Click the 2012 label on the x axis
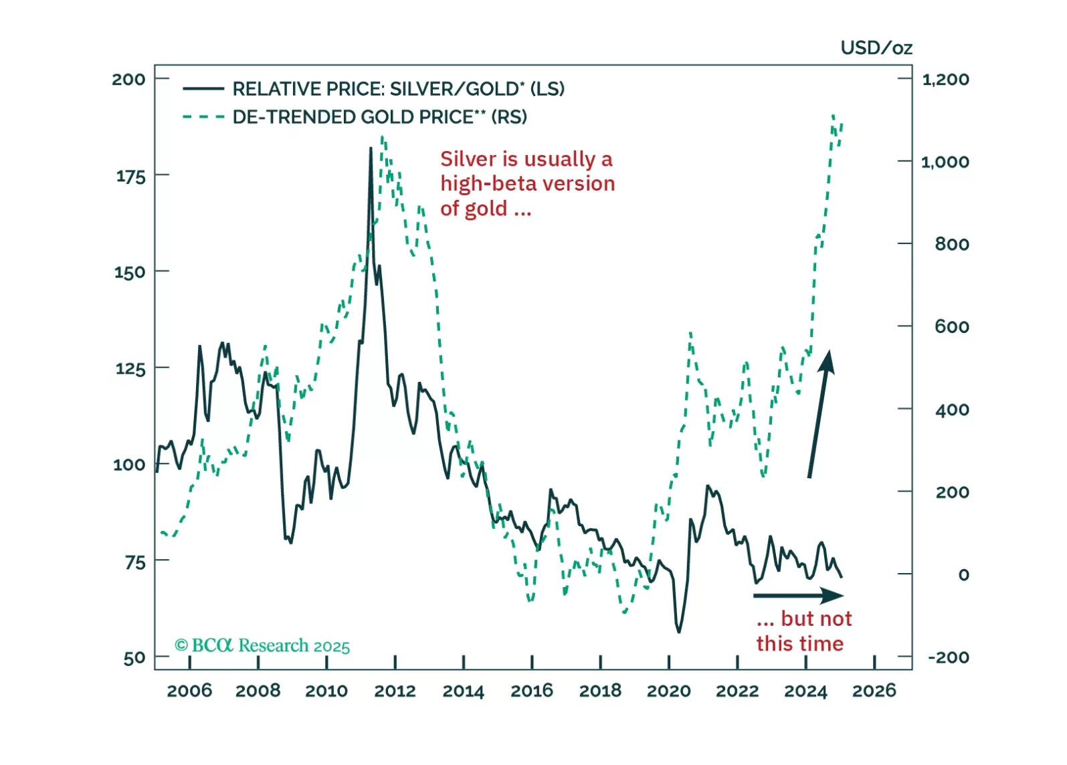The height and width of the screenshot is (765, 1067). pyautogui.click(x=395, y=690)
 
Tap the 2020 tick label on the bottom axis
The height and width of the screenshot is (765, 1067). pyautogui.click(x=668, y=690)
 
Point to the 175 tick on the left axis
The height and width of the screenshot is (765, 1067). pyautogui.click(x=130, y=177)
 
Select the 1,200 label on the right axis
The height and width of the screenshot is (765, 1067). pyautogui.click(x=945, y=80)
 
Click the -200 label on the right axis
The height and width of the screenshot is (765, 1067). pyautogui.click(x=948, y=657)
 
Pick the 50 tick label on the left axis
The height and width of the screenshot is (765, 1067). pyautogui.click(x=134, y=658)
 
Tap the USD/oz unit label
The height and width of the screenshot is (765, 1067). pyautogui.click(x=876, y=48)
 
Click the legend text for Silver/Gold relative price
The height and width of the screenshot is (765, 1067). pyautogui.click(x=398, y=89)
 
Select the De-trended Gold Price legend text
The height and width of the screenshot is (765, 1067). pyautogui.click(x=379, y=117)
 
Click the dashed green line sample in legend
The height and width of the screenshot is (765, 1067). pyautogui.click(x=203, y=117)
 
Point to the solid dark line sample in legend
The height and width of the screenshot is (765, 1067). pyautogui.click(x=203, y=89)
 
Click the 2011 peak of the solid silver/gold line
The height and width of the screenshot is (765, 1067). pyautogui.click(x=371, y=148)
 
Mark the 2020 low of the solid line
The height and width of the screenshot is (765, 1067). pyautogui.click(x=679, y=631)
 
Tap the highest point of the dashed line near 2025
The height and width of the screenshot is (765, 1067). pyautogui.click(x=833, y=116)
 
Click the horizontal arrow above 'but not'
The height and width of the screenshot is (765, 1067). pyautogui.click(x=798, y=595)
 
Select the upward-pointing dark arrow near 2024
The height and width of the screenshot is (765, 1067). pyautogui.click(x=819, y=415)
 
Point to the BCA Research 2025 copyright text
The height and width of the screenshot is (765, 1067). pyautogui.click(x=262, y=645)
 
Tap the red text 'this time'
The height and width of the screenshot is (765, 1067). pyautogui.click(x=799, y=643)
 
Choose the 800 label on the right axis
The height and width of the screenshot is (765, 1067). pyautogui.click(x=951, y=244)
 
